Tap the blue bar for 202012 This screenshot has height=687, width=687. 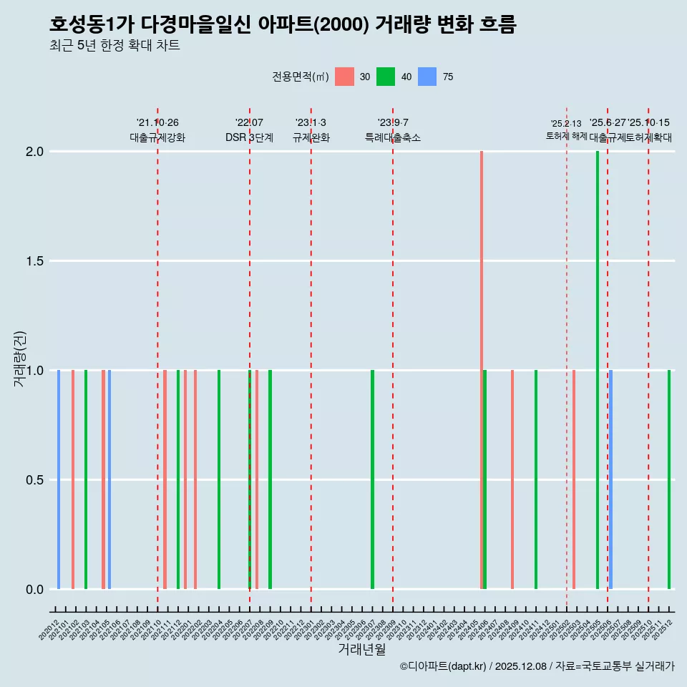[x=59, y=479]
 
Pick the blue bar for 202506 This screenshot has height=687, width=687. [x=610, y=479]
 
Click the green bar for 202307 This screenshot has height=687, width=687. [x=372, y=479]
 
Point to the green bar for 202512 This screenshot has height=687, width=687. [x=669, y=479]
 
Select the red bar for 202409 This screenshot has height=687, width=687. [x=512, y=479]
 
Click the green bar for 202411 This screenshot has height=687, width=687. [x=535, y=479]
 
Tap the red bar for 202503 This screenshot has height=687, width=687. [x=574, y=479]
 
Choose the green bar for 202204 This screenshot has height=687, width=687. [x=219, y=479]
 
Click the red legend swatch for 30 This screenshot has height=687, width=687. [x=344, y=77]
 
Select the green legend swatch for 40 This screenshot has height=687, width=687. [x=386, y=77]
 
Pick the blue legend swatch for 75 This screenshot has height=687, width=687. [x=427, y=77]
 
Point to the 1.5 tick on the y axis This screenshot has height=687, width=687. [x=35, y=261]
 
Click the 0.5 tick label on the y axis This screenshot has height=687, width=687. [x=35, y=480]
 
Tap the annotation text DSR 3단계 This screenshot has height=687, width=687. [x=249, y=137]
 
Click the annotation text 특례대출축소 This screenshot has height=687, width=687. [x=393, y=137]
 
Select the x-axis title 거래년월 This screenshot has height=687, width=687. [x=361, y=649]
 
